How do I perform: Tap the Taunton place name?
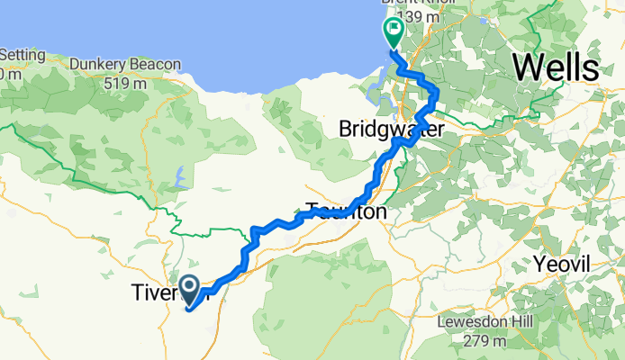[x=346, y=213]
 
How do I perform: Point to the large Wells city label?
[x=556, y=67]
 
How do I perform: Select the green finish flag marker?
[x=394, y=35]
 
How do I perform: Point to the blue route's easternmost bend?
[x=437, y=93]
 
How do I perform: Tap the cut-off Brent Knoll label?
[x=423, y=3]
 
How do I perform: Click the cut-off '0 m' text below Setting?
[x=7, y=74]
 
